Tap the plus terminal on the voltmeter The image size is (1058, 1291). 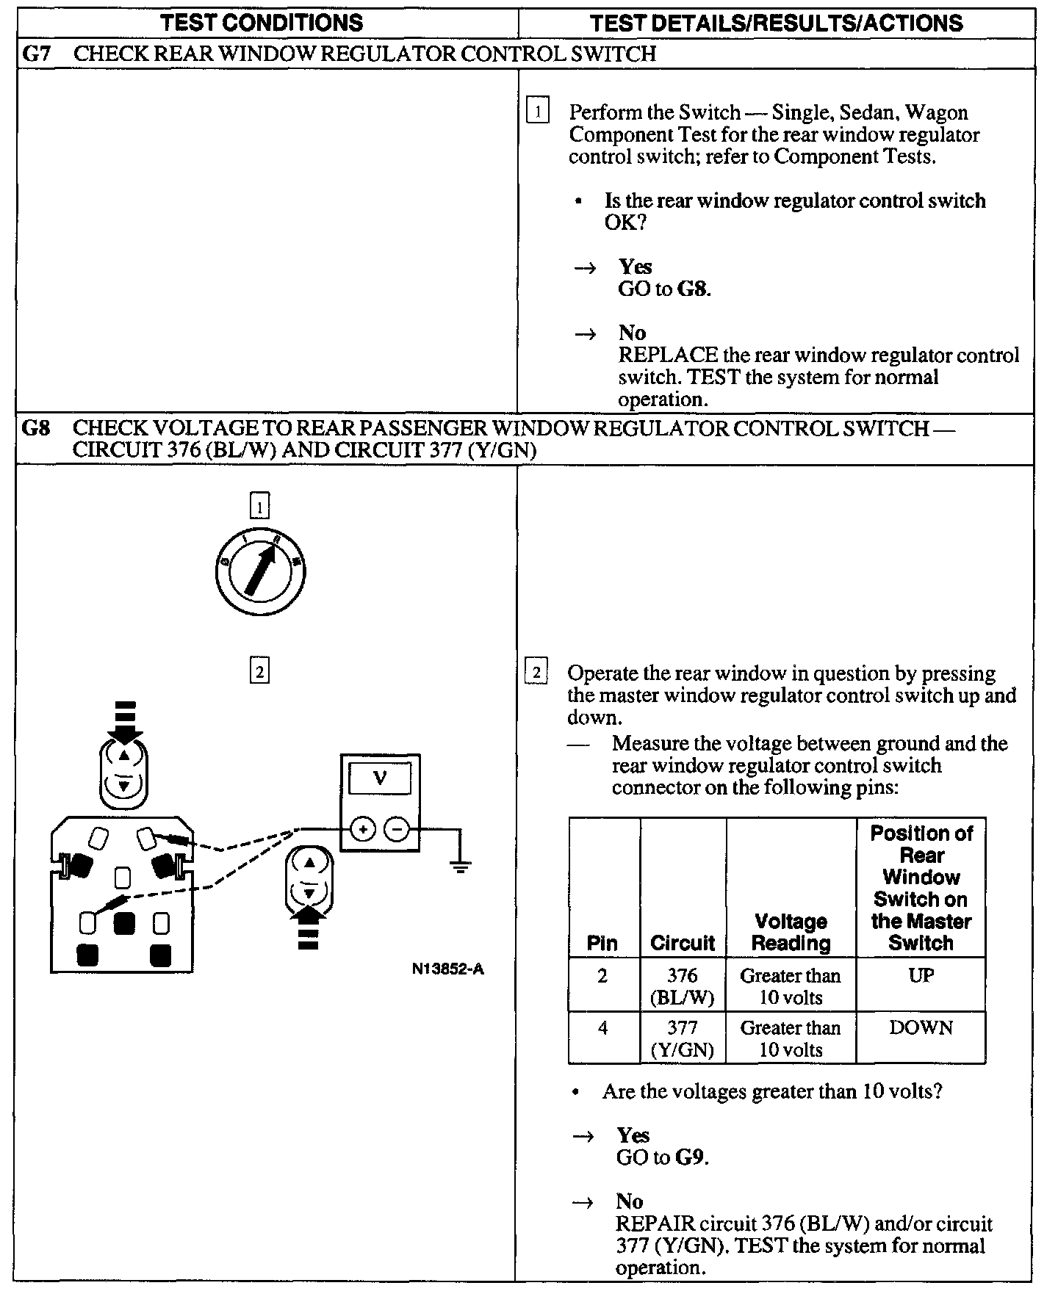click(362, 830)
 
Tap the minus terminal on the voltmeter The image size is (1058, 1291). click(397, 830)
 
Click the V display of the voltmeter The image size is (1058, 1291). click(379, 778)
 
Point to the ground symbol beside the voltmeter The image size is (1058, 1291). click(461, 867)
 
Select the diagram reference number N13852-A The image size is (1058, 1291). click(448, 969)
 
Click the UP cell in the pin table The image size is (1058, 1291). click(921, 976)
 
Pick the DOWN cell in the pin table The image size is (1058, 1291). click(921, 1027)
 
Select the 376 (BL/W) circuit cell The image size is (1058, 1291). click(683, 986)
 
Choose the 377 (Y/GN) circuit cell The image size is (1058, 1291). click(683, 1038)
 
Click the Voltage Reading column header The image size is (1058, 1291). click(791, 932)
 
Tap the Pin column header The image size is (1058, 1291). click(602, 943)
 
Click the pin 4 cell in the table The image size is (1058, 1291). click(602, 1027)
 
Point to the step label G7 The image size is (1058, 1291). click(37, 54)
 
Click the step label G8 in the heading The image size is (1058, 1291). click(36, 427)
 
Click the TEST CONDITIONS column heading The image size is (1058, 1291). click(262, 23)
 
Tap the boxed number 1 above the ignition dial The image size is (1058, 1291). click(259, 506)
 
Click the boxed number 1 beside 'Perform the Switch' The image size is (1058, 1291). click(538, 112)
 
